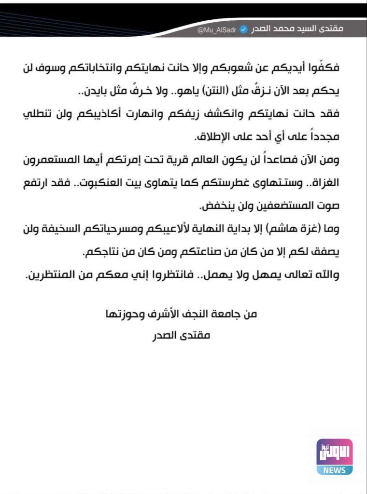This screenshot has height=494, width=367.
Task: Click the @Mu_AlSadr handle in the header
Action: tap(215, 29)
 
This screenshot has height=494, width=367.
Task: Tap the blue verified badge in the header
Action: tap(243, 29)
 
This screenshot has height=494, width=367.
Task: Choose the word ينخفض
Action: tap(218, 207)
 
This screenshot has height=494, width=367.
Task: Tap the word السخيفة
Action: tap(71, 230)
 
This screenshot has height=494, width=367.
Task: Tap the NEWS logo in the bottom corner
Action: tap(335, 456)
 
